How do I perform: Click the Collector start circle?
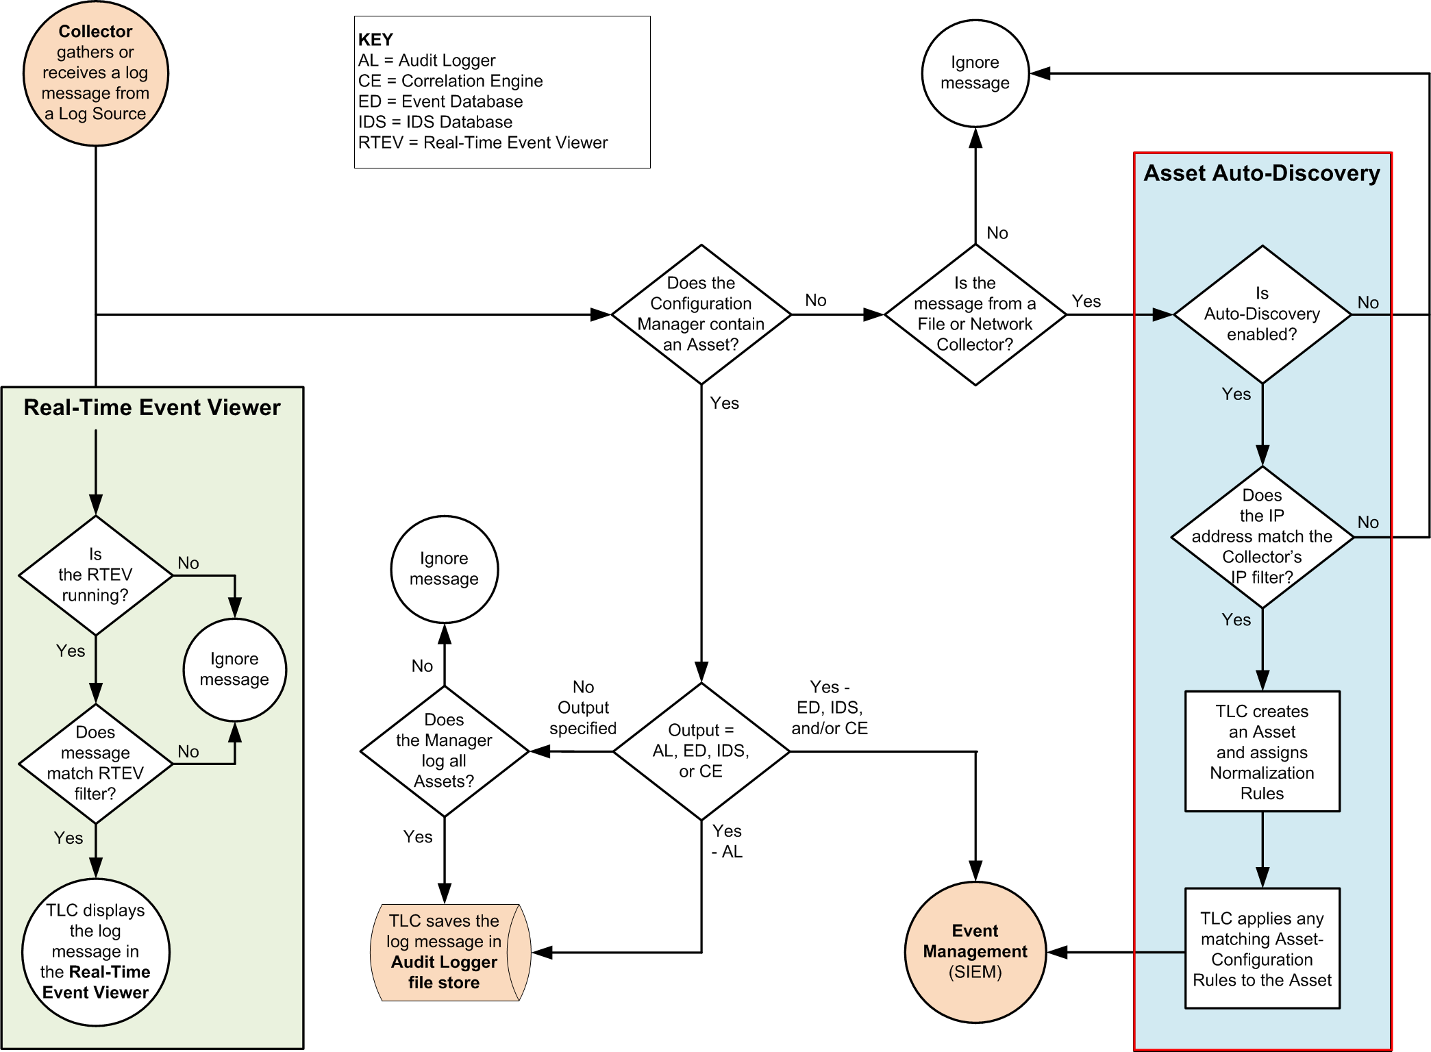[x=95, y=73]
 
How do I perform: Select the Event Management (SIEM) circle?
[x=975, y=952]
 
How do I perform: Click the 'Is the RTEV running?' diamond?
[x=95, y=575]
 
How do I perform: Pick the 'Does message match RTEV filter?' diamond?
[x=95, y=763]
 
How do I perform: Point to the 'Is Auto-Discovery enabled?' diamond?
[x=1262, y=314]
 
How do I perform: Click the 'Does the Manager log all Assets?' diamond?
[x=444, y=751]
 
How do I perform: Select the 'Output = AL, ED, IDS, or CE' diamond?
[x=701, y=751]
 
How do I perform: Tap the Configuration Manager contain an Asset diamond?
[x=701, y=314]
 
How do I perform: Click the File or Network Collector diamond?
[x=975, y=314]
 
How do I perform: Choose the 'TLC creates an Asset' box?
[x=1262, y=751]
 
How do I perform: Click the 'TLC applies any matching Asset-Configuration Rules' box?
[x=1262, y=949]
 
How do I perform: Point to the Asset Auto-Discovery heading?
[x=1262, y=173]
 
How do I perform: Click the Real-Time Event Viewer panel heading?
[x=152, y=408]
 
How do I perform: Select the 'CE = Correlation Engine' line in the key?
[x=450, y=81]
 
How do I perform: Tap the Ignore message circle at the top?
[x=975, y=73]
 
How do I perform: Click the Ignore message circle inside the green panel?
[x=234, y=669]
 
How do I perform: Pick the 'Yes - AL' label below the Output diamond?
[x=727, y=841]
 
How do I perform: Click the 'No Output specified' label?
[x=583, y=707]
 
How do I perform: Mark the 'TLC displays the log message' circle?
[x=95, y=952]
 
